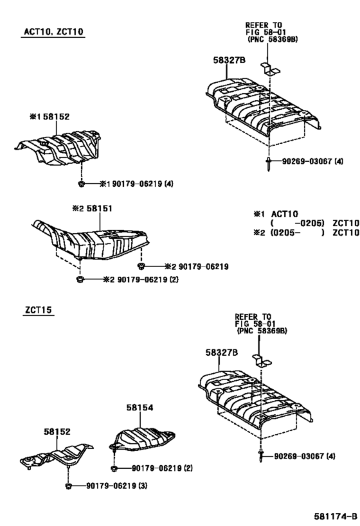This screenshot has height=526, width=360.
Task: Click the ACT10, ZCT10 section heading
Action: [53, 32]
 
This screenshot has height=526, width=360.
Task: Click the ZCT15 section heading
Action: [39, 310]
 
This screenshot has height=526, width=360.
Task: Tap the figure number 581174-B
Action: [336, 516]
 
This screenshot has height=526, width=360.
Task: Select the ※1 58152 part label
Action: [50, 116]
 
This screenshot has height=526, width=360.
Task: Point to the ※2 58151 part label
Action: [93, 208]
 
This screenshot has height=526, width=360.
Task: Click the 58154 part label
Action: [139, 407]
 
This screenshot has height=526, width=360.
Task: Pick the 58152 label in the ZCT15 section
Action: [57, 432]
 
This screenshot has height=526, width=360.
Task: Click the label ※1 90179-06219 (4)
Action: [137, 184]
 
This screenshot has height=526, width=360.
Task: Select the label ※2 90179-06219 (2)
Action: [141, 279]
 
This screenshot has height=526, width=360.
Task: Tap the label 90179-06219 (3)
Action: [116, 486]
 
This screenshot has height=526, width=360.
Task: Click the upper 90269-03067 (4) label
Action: [312, 161]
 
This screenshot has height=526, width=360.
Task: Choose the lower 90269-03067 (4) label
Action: [305, 456]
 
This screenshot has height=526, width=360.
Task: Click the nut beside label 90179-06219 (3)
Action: [68, 486]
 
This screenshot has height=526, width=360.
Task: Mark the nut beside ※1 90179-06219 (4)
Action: [81, 184]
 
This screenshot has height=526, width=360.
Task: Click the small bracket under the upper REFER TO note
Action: [270, 69]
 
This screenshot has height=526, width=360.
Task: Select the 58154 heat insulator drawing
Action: [142, 439]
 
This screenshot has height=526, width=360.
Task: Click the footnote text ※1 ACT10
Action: [276, 214]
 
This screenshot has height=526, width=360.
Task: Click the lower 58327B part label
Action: [222, 352]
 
